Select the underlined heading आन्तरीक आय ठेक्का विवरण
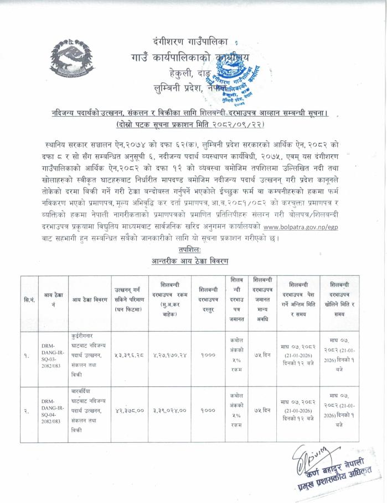[192, 261]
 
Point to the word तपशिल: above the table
[192, 250]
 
